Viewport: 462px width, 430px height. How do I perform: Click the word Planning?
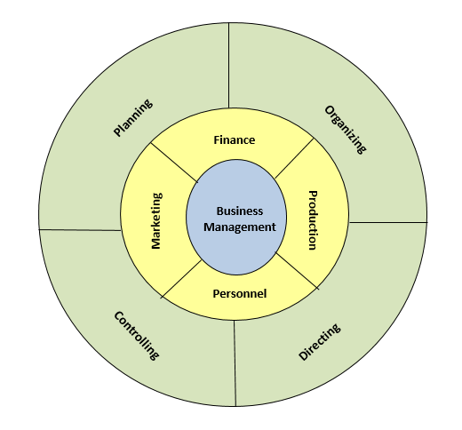133,118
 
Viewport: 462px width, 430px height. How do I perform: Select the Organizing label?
346,130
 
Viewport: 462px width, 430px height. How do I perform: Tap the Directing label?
320,342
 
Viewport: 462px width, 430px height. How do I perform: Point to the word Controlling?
137,336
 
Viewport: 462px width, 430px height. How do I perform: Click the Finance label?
235,139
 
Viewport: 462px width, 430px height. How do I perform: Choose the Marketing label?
156,221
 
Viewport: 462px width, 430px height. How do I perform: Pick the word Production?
313,220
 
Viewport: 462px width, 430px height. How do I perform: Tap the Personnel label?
240,293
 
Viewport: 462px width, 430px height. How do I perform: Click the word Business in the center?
240,211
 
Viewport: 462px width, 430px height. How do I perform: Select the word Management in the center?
240,227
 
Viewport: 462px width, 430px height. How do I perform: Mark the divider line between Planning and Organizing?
228,66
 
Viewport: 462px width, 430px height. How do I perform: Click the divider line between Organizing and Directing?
388,222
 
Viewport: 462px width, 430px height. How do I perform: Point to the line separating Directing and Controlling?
235,363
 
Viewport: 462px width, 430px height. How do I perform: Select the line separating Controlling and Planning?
80,230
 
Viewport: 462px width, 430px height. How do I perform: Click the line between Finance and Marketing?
174,163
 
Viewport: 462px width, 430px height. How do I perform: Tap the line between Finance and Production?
294,158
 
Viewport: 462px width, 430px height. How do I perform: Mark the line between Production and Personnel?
297,270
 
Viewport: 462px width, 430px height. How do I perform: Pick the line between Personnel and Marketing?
181,279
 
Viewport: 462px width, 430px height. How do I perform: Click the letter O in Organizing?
329,110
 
